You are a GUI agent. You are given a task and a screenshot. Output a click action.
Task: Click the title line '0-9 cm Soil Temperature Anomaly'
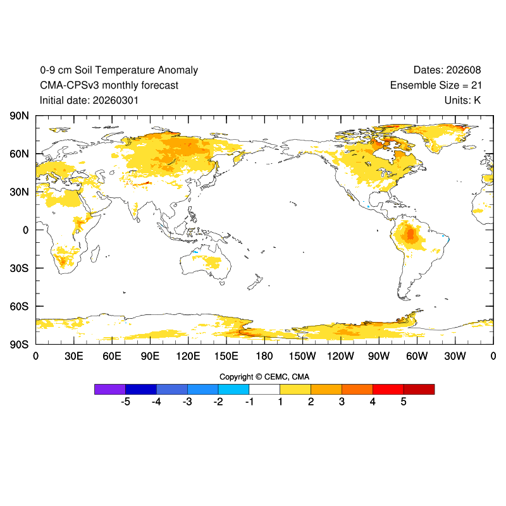[x=119, y=70]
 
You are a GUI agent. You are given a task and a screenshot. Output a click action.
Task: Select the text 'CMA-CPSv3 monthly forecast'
[x=109, y=85]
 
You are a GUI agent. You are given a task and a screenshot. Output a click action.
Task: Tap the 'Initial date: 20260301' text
[x=89, y=100]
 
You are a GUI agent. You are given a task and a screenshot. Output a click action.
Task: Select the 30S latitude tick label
[x=20, y=268]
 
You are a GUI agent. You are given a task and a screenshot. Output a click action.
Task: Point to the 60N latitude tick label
[x=20, y=154]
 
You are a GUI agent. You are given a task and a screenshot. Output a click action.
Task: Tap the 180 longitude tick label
[x=264, y=357]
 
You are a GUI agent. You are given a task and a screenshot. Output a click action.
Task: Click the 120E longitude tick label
[x=188, y=357]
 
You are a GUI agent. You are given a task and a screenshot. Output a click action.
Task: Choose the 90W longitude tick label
[x=379, y=357]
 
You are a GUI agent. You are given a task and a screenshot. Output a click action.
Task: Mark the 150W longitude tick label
[x=302, y=357]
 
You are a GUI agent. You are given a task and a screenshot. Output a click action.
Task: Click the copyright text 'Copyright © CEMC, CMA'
[x=264, y=376]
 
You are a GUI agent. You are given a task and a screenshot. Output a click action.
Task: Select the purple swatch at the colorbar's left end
[x=110, y=389]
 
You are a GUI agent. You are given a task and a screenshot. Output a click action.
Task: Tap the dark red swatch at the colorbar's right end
[x=419, y=389]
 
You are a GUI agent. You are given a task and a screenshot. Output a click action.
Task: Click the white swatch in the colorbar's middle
[x=264, y=389]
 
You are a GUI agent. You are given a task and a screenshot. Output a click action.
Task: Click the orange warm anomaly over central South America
[x=410, y=235]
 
